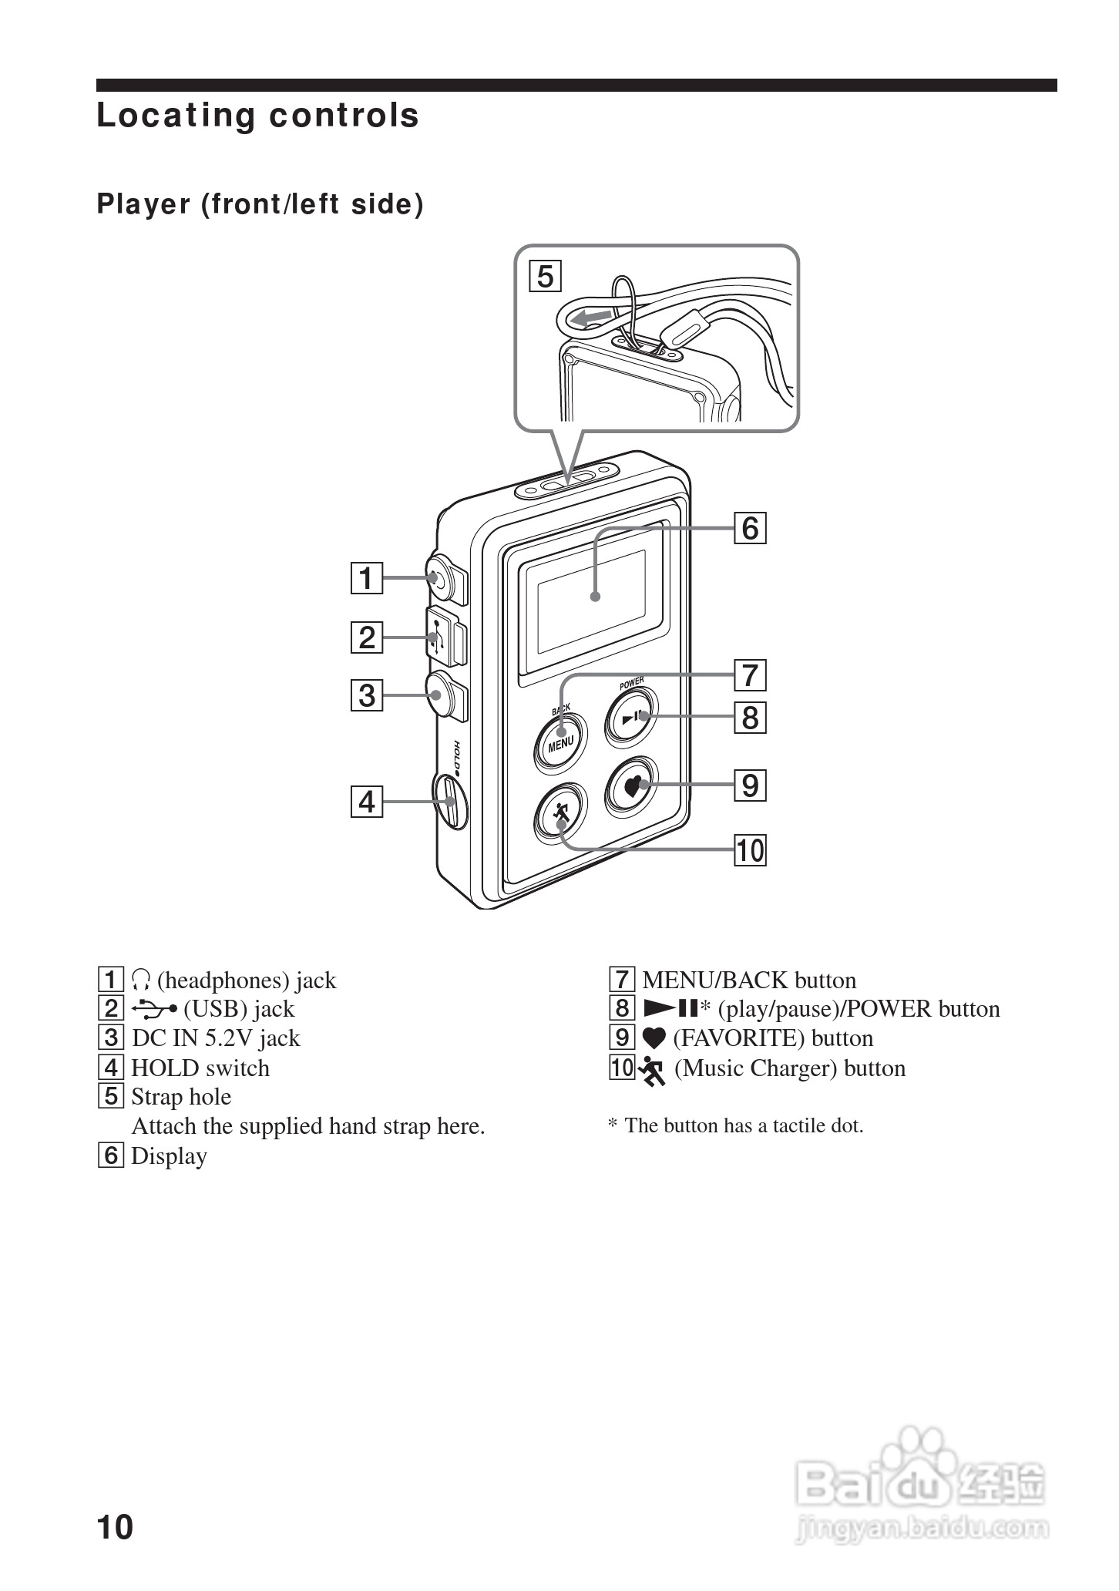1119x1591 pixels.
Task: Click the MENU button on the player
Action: click(x=560, y=742)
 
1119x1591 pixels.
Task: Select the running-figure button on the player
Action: click(x=560, y=813)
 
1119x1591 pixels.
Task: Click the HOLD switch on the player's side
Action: click(x=450, y=802)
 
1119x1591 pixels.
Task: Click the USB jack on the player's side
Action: click(x=445, y=637)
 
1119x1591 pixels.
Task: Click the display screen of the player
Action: click(x=592, y=602)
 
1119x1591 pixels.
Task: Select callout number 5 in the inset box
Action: click(x=546, y=276)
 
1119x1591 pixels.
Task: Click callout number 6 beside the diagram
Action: click(x=750, y=529)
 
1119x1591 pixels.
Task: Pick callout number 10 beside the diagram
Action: click(x=750, y=851)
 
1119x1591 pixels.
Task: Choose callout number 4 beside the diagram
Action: click(x=367, y=802)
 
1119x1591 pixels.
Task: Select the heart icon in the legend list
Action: click(x=654, y=1039)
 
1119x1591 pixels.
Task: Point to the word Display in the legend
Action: click(x=170, y=1156)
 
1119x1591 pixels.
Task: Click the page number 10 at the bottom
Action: click(x=115, y=1527)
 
